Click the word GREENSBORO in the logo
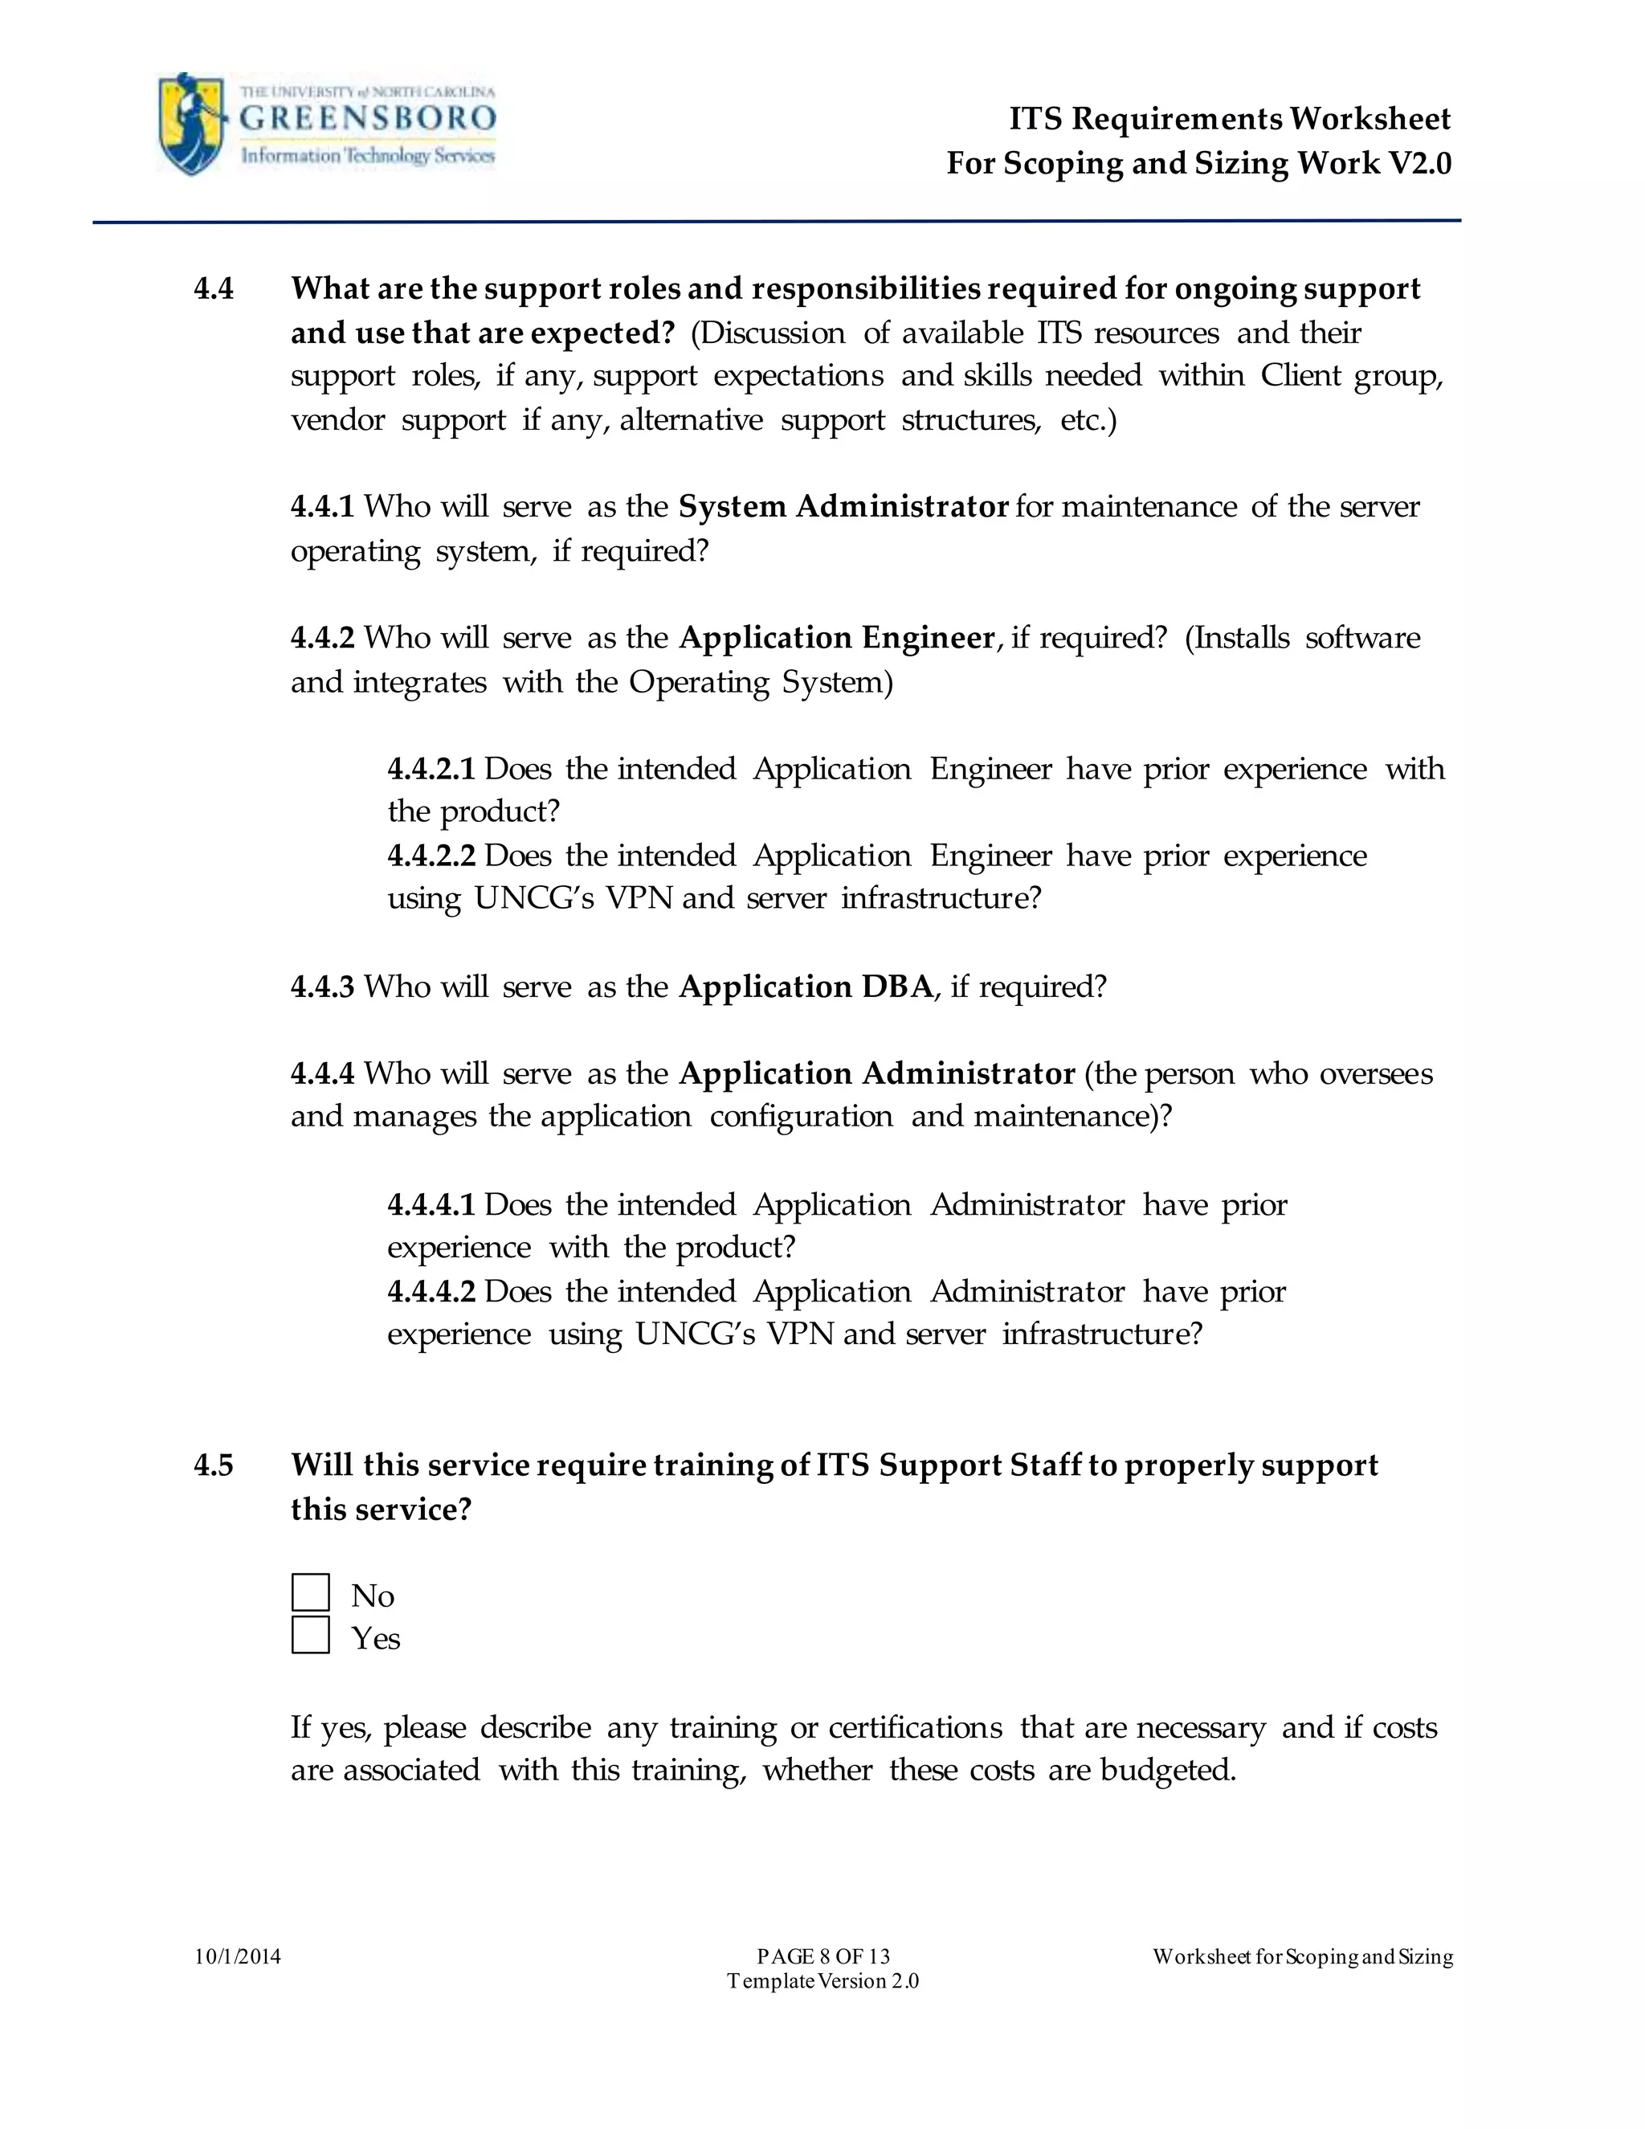[367, 120]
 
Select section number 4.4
[214, 289]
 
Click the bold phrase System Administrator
[843, 507]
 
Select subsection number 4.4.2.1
[431, 768]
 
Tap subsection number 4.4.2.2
[431, 855]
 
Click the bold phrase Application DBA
[806, 987]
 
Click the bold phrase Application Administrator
[877, 1073]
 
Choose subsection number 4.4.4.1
[431, 1205]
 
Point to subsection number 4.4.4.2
[431, 1292]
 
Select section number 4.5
[214, 1465]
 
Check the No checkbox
[311, 1593]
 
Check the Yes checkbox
[311, 1636]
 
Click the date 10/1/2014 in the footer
[238, 1956]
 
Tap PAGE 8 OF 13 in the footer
[823, 1956]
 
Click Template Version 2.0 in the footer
[823, 1981]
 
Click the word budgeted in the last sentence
[1167, 1769]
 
